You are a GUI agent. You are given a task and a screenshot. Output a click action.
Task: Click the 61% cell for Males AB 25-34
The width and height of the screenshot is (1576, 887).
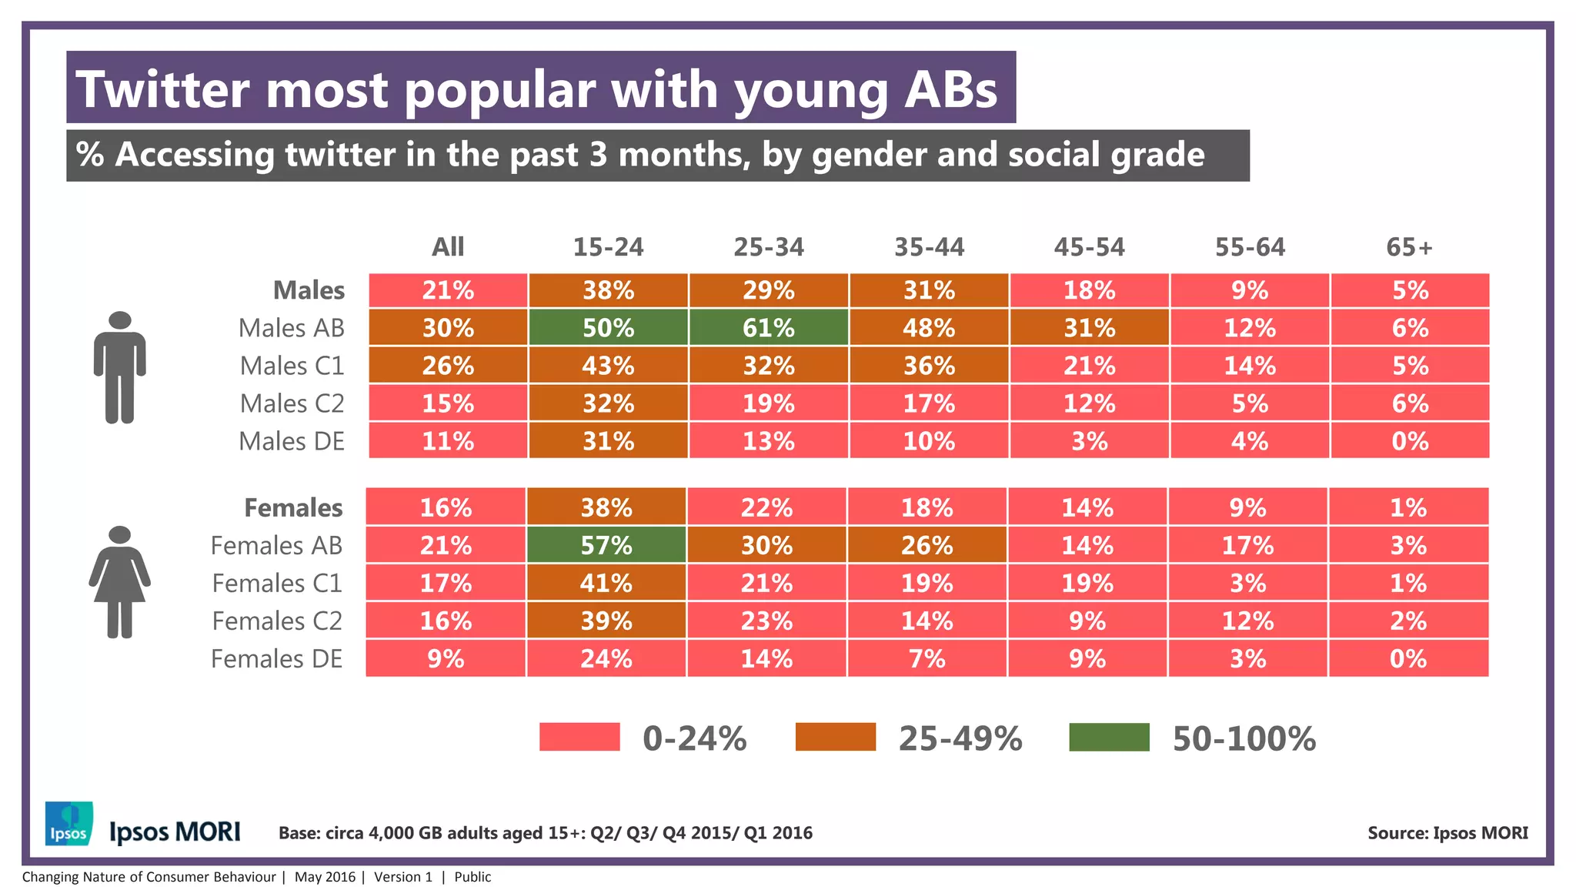[768, 328]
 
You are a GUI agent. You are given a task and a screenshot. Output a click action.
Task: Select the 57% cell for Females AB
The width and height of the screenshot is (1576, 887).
[606, 545]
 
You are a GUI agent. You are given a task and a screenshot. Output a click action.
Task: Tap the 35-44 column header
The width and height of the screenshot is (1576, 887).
[929, 247]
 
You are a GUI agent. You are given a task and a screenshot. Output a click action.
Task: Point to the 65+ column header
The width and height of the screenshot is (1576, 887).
[1409, 247]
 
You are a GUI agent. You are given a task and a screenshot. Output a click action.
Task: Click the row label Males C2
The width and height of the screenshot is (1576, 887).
[292, 403]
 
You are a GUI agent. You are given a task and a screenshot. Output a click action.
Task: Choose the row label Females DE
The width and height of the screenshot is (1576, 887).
[276, 659]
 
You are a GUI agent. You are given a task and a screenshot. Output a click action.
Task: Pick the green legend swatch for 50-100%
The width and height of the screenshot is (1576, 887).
[1109, 737]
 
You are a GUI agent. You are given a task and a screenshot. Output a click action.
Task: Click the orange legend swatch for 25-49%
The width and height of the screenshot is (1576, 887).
[836, 737]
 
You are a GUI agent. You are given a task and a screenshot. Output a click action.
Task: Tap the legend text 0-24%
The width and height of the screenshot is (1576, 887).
[694, 738]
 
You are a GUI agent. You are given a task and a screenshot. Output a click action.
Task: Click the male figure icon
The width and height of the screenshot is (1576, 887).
[120, 367]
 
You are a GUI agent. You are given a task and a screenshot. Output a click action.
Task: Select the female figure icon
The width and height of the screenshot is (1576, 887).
[120, 582]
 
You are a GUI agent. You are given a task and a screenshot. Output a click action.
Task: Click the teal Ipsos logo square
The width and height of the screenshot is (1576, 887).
[69, 824]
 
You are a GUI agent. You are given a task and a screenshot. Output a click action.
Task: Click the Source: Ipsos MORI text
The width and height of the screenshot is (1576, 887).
[1447, 833]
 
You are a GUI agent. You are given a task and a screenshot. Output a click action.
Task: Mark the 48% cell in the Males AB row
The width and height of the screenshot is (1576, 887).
[929, 328]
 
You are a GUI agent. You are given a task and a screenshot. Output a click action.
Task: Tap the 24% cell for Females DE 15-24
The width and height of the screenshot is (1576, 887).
[606, 659]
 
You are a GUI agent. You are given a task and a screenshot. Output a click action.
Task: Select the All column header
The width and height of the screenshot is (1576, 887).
[448, 247]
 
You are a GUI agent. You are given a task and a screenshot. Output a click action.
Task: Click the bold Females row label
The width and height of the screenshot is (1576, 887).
[293, 508]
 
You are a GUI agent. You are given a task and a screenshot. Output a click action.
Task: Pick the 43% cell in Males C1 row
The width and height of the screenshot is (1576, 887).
[608, 366]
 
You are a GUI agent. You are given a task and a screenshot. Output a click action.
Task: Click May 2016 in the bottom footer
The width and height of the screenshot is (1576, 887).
[325, 877]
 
